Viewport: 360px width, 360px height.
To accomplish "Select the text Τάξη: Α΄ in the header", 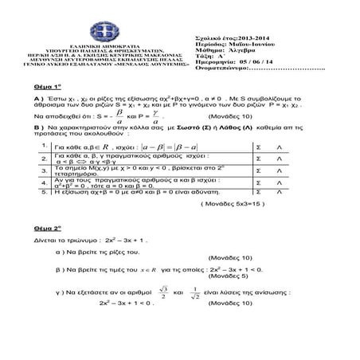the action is click(209, 56).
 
